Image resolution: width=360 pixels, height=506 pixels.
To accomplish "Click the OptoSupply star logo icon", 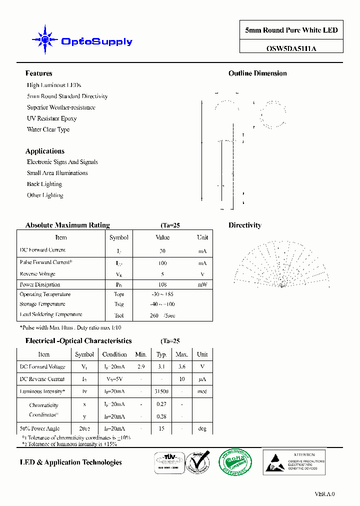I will click(x=45, y=39).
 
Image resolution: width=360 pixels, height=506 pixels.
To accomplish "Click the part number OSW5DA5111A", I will click(x=291, y=48).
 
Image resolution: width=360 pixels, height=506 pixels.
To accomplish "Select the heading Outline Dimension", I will click(x=257, y=73).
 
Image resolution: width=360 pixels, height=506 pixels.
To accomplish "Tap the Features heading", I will click(x=38, y=73).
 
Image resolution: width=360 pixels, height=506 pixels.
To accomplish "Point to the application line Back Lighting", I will click(x=44, y=184).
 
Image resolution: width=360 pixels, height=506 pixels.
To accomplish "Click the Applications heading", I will click(x=45, y=151).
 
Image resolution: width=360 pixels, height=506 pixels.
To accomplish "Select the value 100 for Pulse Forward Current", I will click(x=162, y=263).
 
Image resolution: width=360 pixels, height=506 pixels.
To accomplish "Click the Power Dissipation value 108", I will click(x=162, y=284).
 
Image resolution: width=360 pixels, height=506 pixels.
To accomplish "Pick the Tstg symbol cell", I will click(x=118, y=304).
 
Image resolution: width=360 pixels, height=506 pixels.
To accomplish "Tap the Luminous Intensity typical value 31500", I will click(x=161, y=391).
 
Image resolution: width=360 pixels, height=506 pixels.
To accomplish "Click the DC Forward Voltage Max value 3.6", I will click(x=181, y=366).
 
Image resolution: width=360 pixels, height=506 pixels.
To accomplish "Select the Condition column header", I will click(x=114, y=354).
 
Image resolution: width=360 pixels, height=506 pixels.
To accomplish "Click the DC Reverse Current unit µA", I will click(x=202, y=379).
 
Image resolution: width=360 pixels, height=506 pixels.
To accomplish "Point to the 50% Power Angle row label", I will click(x=39, y=428).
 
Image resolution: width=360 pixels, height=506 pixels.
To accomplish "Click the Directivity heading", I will click(x=245, y=225).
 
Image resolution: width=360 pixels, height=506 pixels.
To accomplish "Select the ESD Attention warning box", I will click(x=294, y=461).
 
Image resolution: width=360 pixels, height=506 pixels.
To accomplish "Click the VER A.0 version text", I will click(x=324, y=494).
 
